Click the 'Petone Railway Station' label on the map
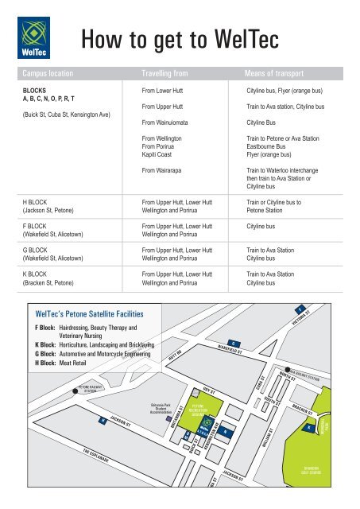pos(87,389)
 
